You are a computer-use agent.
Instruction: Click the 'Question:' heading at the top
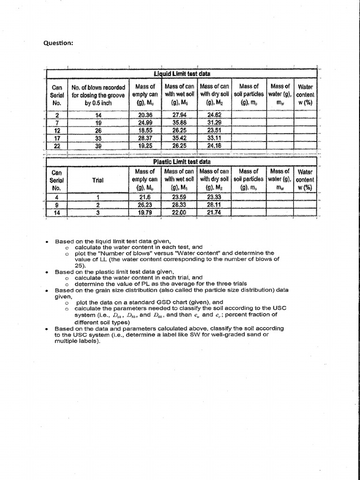(58, 43)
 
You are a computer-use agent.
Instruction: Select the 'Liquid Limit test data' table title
(182, 74)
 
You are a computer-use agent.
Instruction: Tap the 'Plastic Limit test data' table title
(182, 162)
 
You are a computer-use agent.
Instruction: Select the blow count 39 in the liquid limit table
(98, 146)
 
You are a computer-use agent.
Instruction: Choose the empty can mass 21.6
(145, 197)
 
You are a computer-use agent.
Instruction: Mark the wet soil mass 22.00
(180, 212)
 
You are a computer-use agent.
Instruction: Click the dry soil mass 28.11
(215, 204)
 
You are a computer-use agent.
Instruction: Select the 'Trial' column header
(98, 180)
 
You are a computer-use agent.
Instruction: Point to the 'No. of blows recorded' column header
(98, 87)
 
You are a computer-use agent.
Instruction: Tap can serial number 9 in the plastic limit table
(57, 204)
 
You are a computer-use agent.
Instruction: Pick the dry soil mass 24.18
(215, 146)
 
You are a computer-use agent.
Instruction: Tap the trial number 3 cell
(98, 212)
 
